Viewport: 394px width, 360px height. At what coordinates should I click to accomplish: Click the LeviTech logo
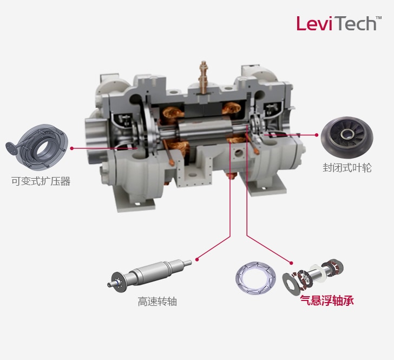(x=336, y=23)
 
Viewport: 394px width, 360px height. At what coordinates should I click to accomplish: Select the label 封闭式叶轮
(x=347, y=168)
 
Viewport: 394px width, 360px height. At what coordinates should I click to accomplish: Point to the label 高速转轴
(x=157, y=302)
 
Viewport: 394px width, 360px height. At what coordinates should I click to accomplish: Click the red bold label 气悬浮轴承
(x=326, y=301)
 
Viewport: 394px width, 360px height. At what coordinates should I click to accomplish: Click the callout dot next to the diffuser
(x=72, y=147)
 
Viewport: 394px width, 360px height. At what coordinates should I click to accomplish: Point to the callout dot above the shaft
(x=197, y=259)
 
